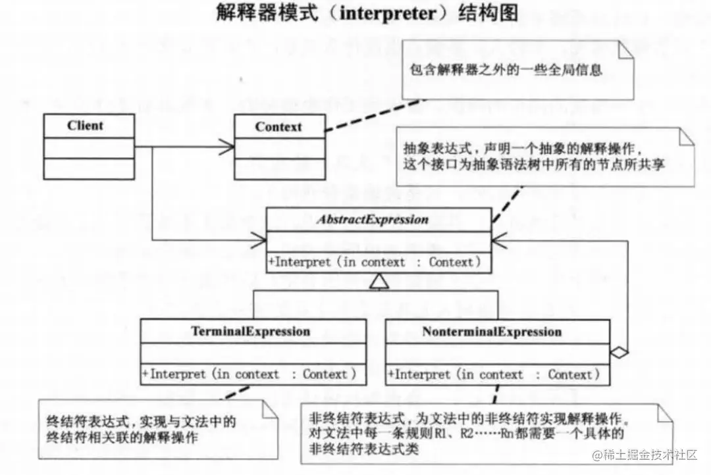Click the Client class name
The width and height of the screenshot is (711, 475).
coord(85,125)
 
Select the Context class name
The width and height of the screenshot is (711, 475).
coord(278,126)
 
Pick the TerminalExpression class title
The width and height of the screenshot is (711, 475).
coord(251,331)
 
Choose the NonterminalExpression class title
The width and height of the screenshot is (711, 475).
coord(492,331)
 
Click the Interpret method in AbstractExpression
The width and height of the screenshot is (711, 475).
coord(372,262)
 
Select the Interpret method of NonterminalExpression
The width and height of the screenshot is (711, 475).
coord(494,375)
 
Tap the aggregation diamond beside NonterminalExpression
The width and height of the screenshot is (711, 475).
coord(619,353)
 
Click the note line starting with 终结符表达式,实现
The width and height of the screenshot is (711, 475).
coord(141,420)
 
